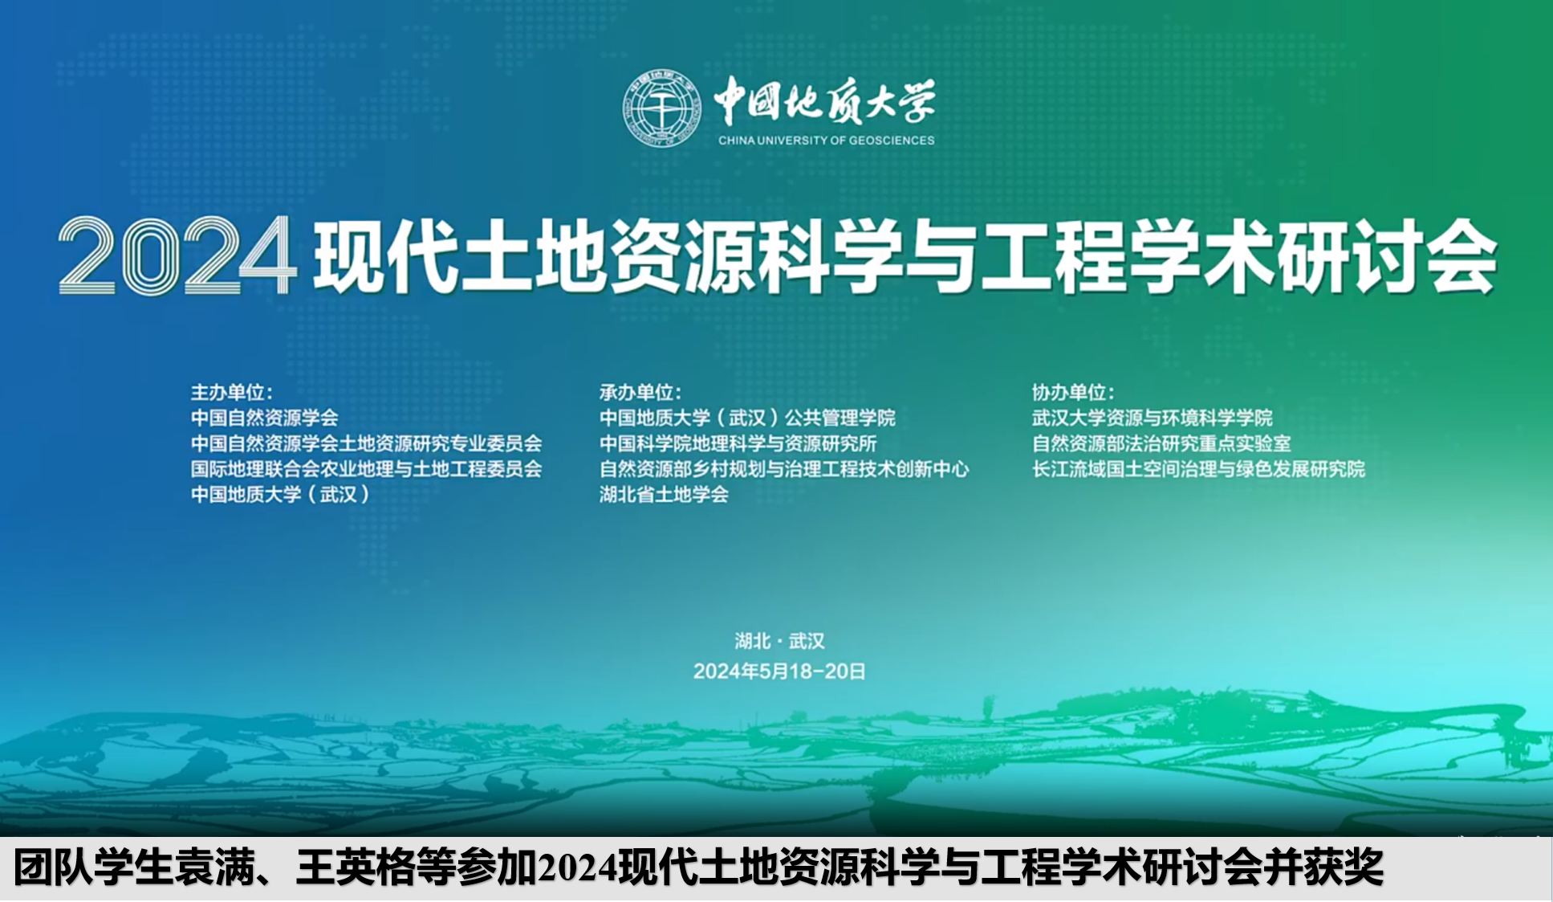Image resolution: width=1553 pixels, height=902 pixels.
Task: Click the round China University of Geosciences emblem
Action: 663,108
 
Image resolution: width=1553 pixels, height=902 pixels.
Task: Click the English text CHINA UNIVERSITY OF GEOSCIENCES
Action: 826,140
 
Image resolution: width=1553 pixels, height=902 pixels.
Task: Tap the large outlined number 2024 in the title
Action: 177,255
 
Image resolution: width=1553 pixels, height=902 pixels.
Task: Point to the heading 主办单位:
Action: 231,392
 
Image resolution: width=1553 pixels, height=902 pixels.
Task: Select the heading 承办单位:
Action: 640,392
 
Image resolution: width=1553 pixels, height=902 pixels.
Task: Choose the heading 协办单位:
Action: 1073,392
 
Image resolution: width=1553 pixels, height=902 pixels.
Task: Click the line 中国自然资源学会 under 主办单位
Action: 264,418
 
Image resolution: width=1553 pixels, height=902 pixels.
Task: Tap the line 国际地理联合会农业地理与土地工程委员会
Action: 366,468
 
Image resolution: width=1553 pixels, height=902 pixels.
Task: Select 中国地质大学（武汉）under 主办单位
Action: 280,494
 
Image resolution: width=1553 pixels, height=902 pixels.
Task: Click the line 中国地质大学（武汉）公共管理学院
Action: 747,418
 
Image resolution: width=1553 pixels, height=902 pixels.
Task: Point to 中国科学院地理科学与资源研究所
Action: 738,443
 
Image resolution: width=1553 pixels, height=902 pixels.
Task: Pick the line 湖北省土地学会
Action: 664,494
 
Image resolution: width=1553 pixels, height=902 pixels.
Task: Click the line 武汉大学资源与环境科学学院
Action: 1153,418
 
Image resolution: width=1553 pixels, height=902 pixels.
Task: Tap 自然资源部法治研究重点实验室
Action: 1161,443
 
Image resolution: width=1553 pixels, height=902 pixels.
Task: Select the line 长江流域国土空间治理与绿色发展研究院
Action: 1198,468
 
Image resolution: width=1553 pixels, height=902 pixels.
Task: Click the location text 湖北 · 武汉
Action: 779,641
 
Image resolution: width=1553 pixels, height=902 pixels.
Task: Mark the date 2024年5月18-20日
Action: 779,671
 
